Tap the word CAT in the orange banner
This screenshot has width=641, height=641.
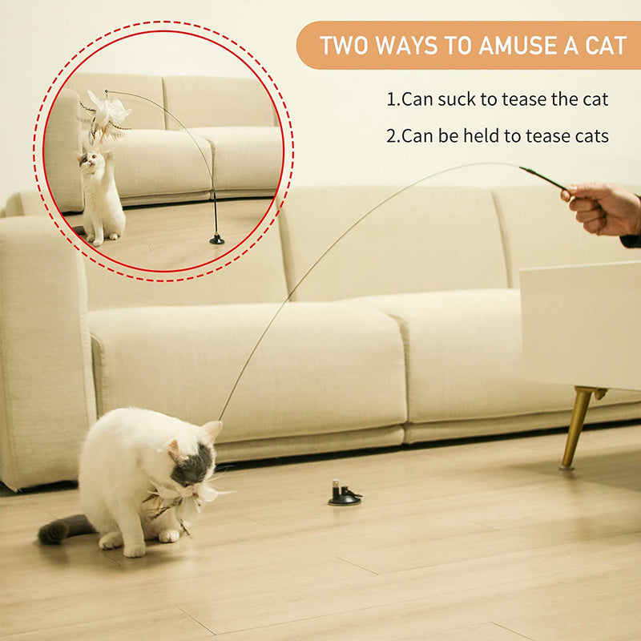606,46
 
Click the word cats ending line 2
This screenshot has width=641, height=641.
592,136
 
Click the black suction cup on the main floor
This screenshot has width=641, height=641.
345,493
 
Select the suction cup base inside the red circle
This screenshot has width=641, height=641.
216,239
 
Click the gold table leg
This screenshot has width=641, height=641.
578,427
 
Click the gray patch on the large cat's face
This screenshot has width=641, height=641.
193,466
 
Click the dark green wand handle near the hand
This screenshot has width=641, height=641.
545,178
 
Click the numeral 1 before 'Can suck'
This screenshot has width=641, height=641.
391,99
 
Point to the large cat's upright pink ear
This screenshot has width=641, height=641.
212,430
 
